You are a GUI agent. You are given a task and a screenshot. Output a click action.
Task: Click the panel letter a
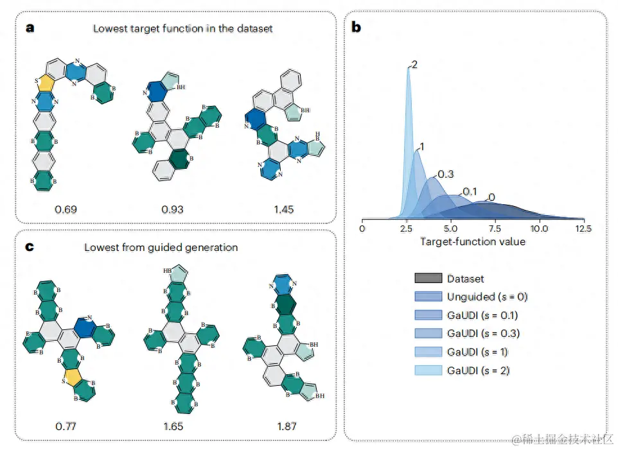pyautogui.click(x=30, y=28)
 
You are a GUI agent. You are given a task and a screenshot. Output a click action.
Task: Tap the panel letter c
pyautogui.click(x=30, y=247)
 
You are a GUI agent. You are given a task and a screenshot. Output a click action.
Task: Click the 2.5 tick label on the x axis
pyautogui.click(x=406, y=228)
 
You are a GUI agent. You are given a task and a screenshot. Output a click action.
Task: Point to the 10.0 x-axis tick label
pyautogui.click(x=540, y=228)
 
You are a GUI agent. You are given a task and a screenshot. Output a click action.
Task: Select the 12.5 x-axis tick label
pyautogui.click(x=583, y=228)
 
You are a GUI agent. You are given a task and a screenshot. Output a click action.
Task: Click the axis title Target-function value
pyautogui.click(x=473, y=242)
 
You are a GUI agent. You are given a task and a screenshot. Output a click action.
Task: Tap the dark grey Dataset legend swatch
pyautogui.click(x=428, y=279)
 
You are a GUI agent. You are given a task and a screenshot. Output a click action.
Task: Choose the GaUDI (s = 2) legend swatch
pyautogui.click(x=428, y=370)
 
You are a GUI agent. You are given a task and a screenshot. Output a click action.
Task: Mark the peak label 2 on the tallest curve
pyautogui.click(x=415, y=65)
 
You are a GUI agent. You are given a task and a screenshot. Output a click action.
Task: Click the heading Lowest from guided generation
pyautogui.click(x=161, y=247)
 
